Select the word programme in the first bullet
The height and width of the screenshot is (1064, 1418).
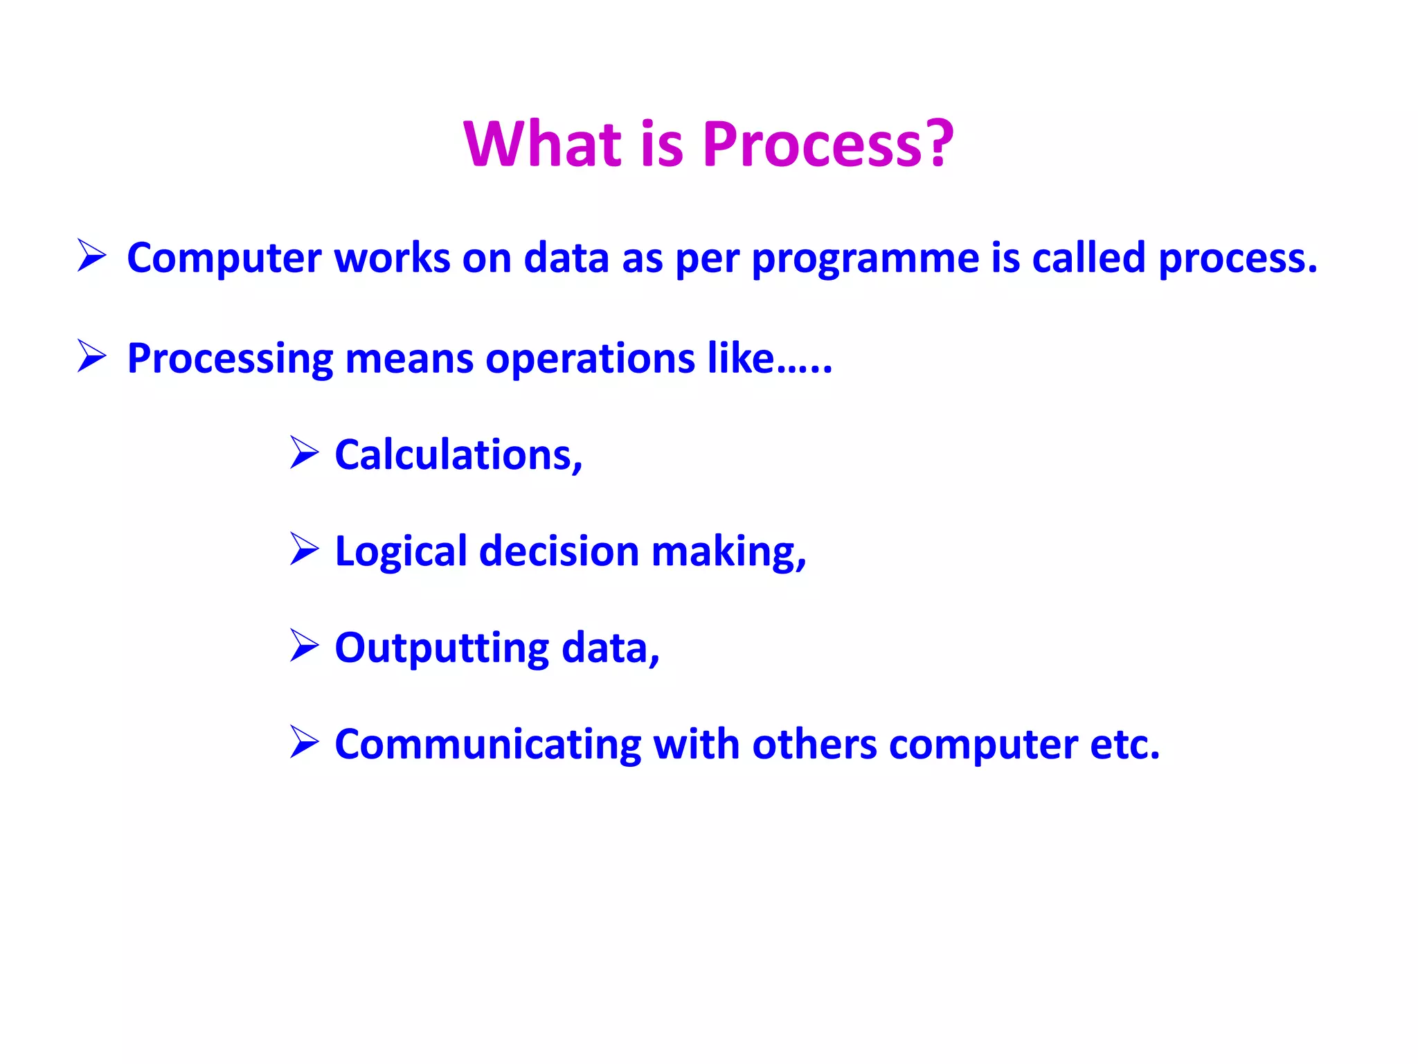point(865,259)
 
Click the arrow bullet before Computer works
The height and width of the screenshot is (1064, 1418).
point(92,256)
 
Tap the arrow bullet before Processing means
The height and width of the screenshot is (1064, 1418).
point(92,356)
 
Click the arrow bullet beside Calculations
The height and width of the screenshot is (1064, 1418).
point(304,453)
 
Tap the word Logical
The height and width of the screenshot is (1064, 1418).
point(401,553)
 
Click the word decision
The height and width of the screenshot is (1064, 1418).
point(559,551)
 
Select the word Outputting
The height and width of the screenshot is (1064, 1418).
point(442,649)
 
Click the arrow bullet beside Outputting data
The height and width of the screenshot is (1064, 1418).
point(304,646)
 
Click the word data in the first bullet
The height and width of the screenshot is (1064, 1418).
point(567,258)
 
